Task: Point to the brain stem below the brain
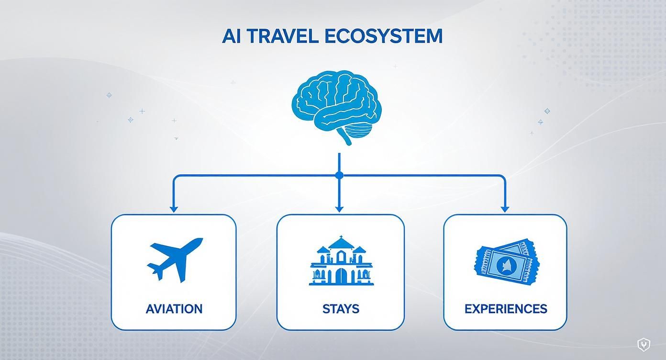345,138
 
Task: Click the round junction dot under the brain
339,176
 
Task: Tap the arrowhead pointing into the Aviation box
174,209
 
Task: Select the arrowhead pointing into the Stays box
339,209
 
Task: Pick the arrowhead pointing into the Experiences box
505,209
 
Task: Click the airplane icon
174,259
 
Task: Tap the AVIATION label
174,309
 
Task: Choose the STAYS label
341,309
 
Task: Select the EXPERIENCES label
506,309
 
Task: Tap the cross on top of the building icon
341,238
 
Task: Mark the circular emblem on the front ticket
504,264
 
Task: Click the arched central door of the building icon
341,277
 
